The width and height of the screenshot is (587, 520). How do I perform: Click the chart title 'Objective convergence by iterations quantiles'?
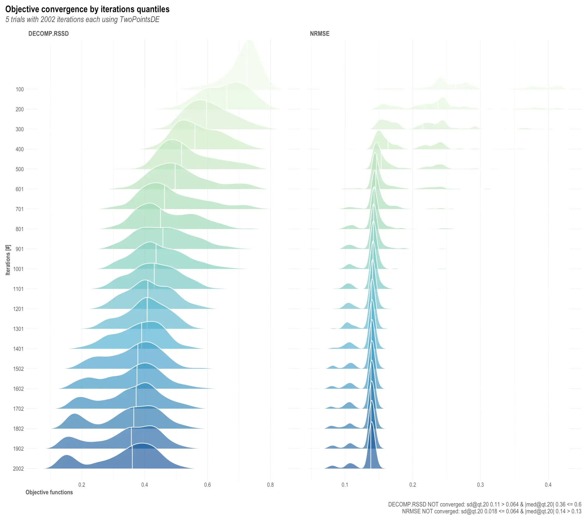coord(87,9)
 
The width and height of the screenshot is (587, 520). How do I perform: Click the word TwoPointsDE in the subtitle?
coord(139,20)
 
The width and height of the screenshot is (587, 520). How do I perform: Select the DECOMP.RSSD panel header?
coord(48,33)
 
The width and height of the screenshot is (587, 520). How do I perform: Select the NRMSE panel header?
coord(319,33)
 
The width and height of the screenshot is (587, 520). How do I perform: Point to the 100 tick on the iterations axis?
coord(20,89)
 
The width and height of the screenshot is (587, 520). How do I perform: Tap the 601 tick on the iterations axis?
coord(20,189)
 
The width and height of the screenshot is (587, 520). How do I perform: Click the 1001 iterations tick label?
coord(18,269)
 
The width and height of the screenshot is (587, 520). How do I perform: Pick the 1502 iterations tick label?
coord(18,369)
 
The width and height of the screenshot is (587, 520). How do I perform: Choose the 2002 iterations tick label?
coord(18,469)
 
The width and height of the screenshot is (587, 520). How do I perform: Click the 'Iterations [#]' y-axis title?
coord(8,260)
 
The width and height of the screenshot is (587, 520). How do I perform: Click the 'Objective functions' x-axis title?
coord(49,492)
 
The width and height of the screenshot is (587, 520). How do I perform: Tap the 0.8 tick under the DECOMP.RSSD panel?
coord(270,485)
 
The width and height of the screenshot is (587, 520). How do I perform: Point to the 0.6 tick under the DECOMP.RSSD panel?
coord(208,485)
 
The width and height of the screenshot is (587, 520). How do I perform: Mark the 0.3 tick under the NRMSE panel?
coord(480,485)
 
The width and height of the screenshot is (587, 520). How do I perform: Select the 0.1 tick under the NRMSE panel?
coord(345,485)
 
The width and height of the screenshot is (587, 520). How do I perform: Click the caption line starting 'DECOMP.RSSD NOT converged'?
coord(484,504)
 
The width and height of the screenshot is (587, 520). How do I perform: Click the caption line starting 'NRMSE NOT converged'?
coord(491,511)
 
